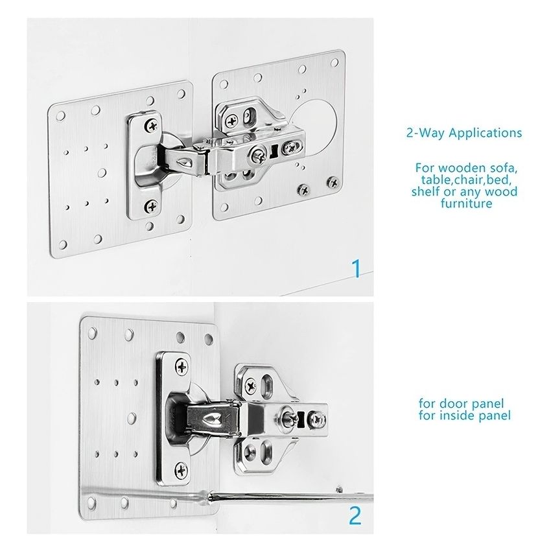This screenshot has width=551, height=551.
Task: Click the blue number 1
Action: point(355,268)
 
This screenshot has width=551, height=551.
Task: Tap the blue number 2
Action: point(355,515)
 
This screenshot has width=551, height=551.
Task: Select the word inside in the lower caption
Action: point(457,415)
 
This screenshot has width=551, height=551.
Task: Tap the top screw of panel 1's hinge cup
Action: point(152,123)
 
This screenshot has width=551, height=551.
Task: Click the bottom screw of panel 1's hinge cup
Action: point(152,206)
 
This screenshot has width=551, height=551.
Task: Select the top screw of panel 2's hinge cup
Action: point(181,367)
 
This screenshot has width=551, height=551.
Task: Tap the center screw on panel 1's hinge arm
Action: point(257,154)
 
